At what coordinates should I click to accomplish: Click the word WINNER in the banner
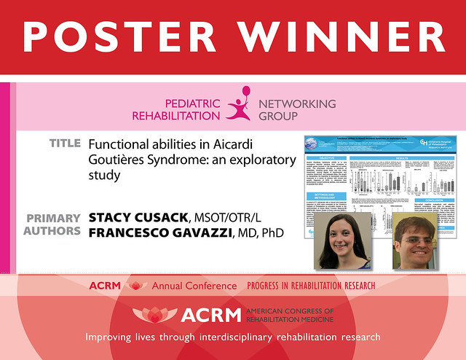click(x=341, y=36)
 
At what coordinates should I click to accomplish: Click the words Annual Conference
click(x=194, y=286)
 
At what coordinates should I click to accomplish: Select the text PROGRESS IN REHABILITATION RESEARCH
click(x=311, y=286)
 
